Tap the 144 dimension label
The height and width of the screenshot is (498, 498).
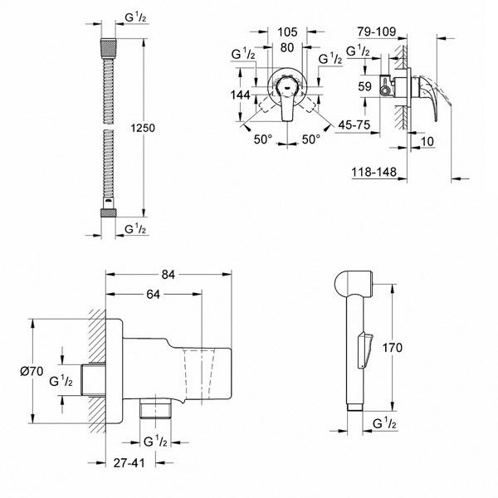[242, 95]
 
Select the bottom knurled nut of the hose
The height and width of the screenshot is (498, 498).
[106, 212]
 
